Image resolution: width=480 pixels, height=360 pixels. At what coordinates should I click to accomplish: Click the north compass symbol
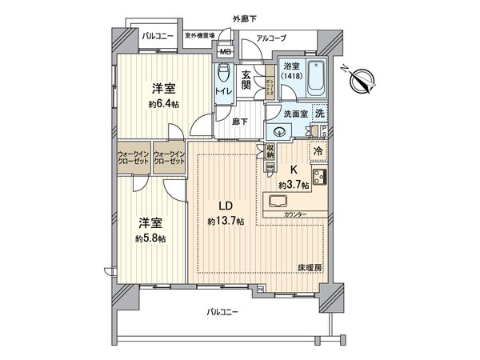362,80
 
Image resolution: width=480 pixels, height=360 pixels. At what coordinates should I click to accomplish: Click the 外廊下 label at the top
245,17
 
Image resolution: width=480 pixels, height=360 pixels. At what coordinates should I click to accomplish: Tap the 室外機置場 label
200,36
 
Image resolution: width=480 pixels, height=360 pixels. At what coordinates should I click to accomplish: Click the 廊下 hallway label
238,122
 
